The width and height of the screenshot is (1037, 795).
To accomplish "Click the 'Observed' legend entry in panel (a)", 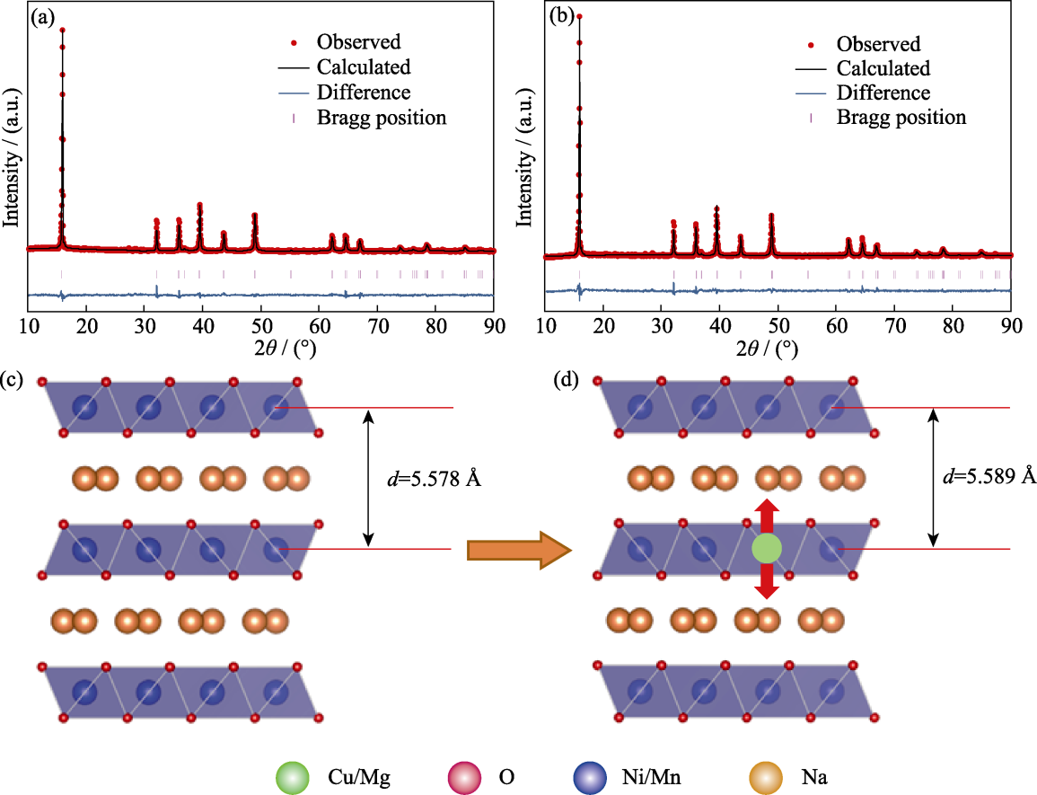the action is tap(359, 41).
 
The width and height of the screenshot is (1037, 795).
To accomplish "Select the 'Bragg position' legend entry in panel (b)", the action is tap(901, 117).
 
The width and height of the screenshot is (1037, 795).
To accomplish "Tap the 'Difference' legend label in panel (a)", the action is tap(364, 92).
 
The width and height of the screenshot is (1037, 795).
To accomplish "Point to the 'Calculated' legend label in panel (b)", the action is tap(883, 68).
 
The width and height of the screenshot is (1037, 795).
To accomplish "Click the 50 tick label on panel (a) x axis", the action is tap(261, 326).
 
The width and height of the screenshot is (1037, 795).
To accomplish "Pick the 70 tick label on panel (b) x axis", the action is tap(895, 326).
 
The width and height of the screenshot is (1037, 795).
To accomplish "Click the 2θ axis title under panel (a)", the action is tap(286, 347).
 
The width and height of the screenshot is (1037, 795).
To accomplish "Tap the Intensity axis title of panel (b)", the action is tap(523, 157).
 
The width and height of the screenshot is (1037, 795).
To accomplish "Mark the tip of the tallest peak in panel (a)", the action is tap(62, 29).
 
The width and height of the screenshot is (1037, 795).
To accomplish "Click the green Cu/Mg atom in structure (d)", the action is tap(767, 549).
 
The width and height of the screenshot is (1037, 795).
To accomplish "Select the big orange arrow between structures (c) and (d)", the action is tap(519, 550).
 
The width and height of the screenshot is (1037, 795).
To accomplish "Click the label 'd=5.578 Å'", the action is tap(434, 478).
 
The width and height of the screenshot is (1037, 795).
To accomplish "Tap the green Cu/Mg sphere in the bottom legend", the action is tap(293, 777).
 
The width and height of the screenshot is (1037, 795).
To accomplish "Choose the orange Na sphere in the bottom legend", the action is tap(766, 777).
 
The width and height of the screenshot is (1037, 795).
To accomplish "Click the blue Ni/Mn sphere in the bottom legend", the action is tap(590, 777).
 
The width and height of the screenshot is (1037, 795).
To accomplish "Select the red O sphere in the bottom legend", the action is tap(464, 777).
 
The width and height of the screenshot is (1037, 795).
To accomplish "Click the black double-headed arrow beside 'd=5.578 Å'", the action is tap(369, 478).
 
